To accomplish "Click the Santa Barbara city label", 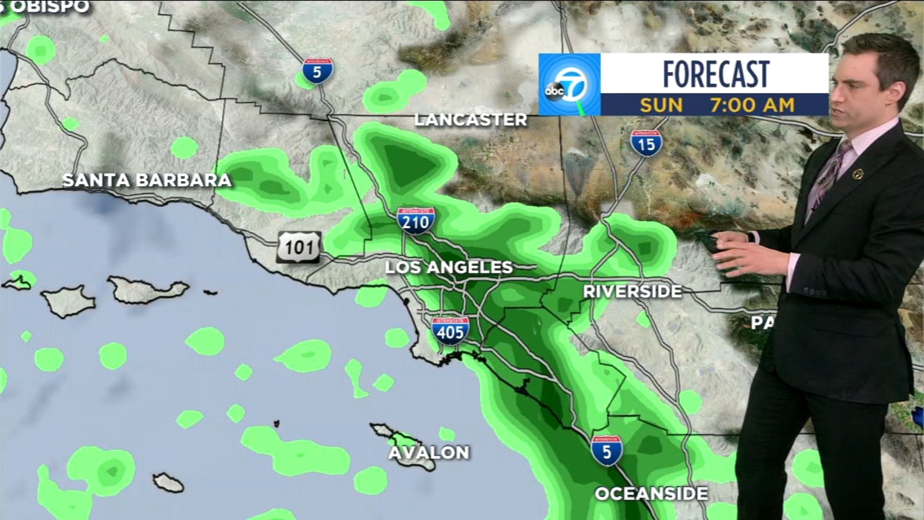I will (x=147, y=180).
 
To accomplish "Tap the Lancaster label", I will (x=471, y=120).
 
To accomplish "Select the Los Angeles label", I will (x=449, y=267).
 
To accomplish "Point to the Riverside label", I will (x=632, y=291).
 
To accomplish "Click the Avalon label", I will (x=429, y=452).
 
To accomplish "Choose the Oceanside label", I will (x=651, y=493).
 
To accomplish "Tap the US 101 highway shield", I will (x=299, y=247).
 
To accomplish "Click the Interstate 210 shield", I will (x=416, y=221).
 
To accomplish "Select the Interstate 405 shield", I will (x=450, y=331).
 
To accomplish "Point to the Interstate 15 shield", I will (x=646, y=143).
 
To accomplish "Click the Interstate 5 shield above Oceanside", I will (x=606, y=451).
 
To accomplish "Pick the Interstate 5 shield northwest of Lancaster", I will (x=317, y=71).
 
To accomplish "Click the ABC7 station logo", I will (x=569, y=85).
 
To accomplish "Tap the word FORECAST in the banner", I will (x=716, y=74).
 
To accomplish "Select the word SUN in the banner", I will (x=661, y=105).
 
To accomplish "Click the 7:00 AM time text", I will (x=752, y=105).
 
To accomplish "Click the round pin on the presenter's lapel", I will (x=858, y=174).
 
